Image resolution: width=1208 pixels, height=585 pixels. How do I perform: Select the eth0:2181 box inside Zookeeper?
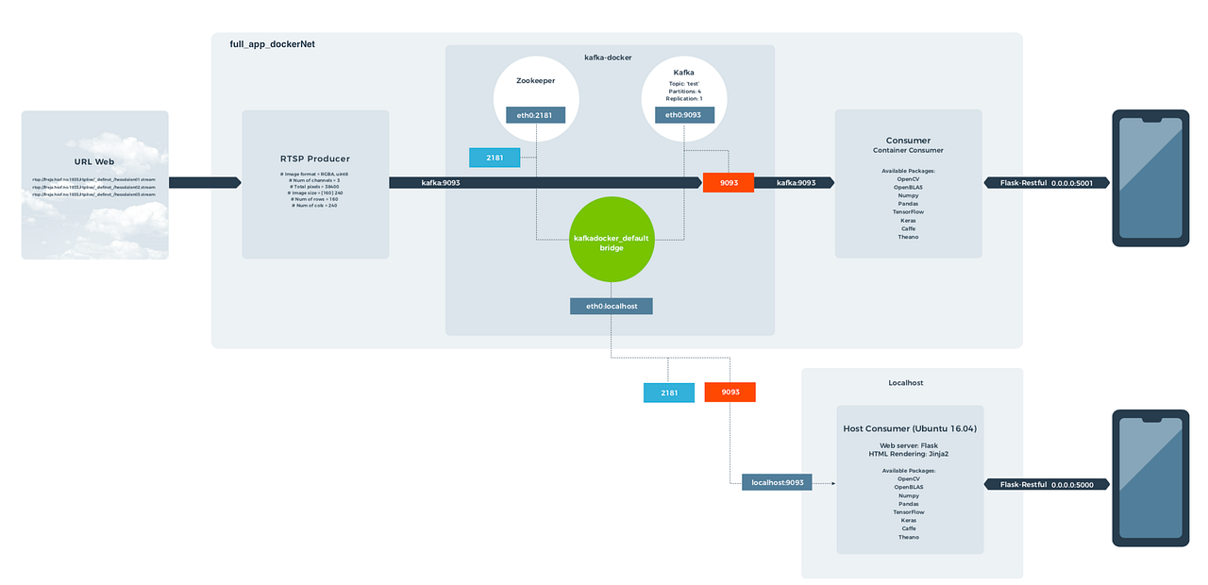click(535, 115)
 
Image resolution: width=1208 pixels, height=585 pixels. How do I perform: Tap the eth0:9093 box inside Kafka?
click(684, 115)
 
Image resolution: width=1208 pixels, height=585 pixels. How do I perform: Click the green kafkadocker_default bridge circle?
click(611, 242)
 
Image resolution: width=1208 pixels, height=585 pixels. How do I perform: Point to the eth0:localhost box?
click(611, 306)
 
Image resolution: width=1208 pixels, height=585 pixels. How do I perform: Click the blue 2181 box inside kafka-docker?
click(495, 158)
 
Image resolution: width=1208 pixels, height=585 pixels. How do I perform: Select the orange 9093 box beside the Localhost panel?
click(730, 392)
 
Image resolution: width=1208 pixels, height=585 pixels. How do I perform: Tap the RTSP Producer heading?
click(315, 159)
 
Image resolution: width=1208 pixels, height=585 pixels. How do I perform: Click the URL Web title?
click(94, 161)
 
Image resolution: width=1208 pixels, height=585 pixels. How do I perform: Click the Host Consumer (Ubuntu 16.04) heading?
click(910, 428)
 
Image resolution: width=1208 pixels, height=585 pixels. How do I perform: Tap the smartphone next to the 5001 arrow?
click(1149, 178)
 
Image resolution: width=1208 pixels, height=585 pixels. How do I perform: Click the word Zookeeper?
click(535, 81)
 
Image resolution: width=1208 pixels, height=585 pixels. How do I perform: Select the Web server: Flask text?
click(909, 445)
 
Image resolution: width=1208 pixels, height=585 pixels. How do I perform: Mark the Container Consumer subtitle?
click(908, 150)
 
